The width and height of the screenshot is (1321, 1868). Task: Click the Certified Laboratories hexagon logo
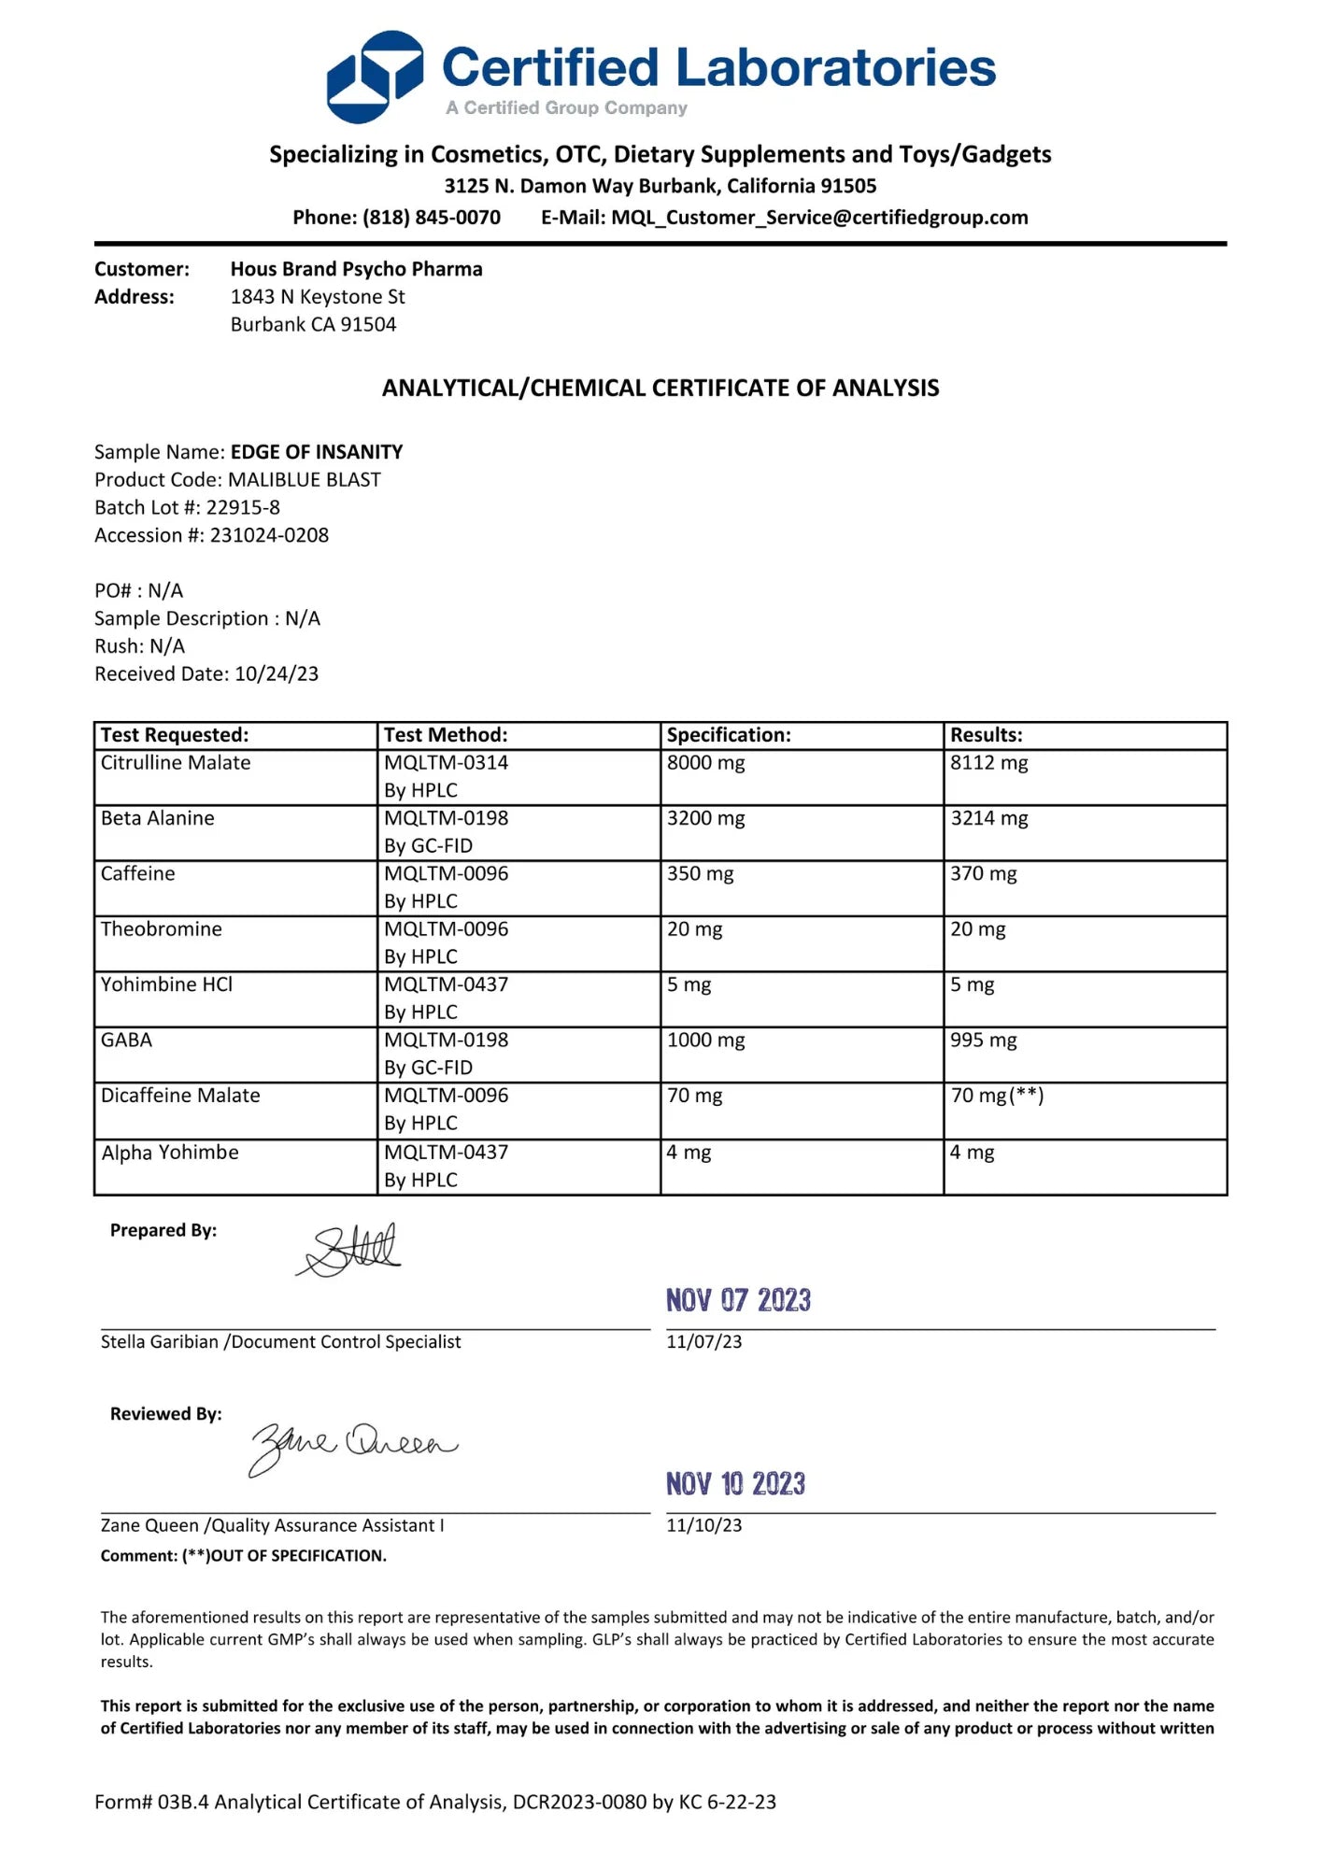[374, 77]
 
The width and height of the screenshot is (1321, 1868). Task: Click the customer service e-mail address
[819, 218]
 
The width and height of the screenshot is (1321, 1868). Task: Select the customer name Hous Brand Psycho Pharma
[356, 269]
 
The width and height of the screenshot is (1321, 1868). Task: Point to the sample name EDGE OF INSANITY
[317, 452]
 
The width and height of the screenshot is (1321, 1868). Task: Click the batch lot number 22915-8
[243, 507]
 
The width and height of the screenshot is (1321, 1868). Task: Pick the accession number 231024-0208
[269, 535]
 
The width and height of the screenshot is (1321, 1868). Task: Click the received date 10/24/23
[277, 673]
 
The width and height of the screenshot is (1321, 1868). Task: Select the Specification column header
[729, 735]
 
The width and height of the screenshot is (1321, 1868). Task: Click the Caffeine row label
[138, 873]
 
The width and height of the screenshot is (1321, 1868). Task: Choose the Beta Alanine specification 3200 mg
[705, 818]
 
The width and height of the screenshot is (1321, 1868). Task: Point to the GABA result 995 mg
[983, 1040]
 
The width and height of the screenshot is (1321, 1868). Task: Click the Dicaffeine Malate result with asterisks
[997, 1096]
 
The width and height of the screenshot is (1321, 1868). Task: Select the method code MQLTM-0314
[446, 763]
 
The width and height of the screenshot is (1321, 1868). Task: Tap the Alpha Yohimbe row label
[170, 1153]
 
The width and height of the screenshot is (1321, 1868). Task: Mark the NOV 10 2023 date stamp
[735, 1483]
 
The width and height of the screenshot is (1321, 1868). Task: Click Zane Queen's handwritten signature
[353, 1446]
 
